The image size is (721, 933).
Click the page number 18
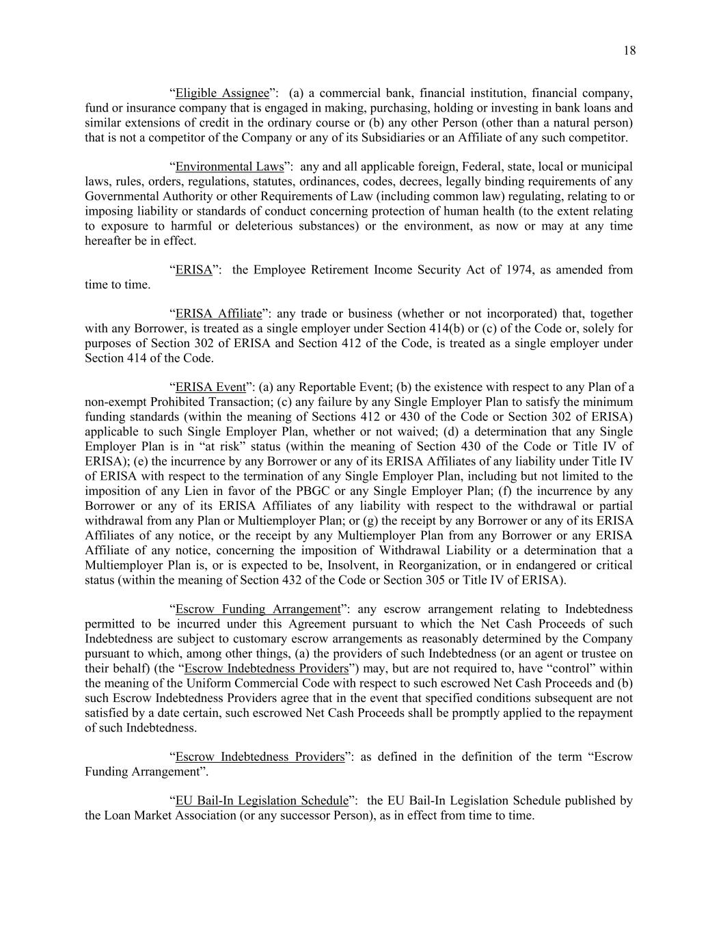pyautogui.click(x=629, y=50)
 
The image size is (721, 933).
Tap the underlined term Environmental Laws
pyautogui.click(x=229, y=167)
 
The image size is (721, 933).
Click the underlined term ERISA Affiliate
pyautogui.click(x=219, y=314)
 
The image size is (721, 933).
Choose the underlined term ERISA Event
pyautogui.click(x=210, y=388)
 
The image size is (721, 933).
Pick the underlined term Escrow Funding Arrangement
pyautogui.click(x=258, y=609)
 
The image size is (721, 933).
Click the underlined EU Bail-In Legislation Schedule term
pyautogui.click(x=262, y=800)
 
